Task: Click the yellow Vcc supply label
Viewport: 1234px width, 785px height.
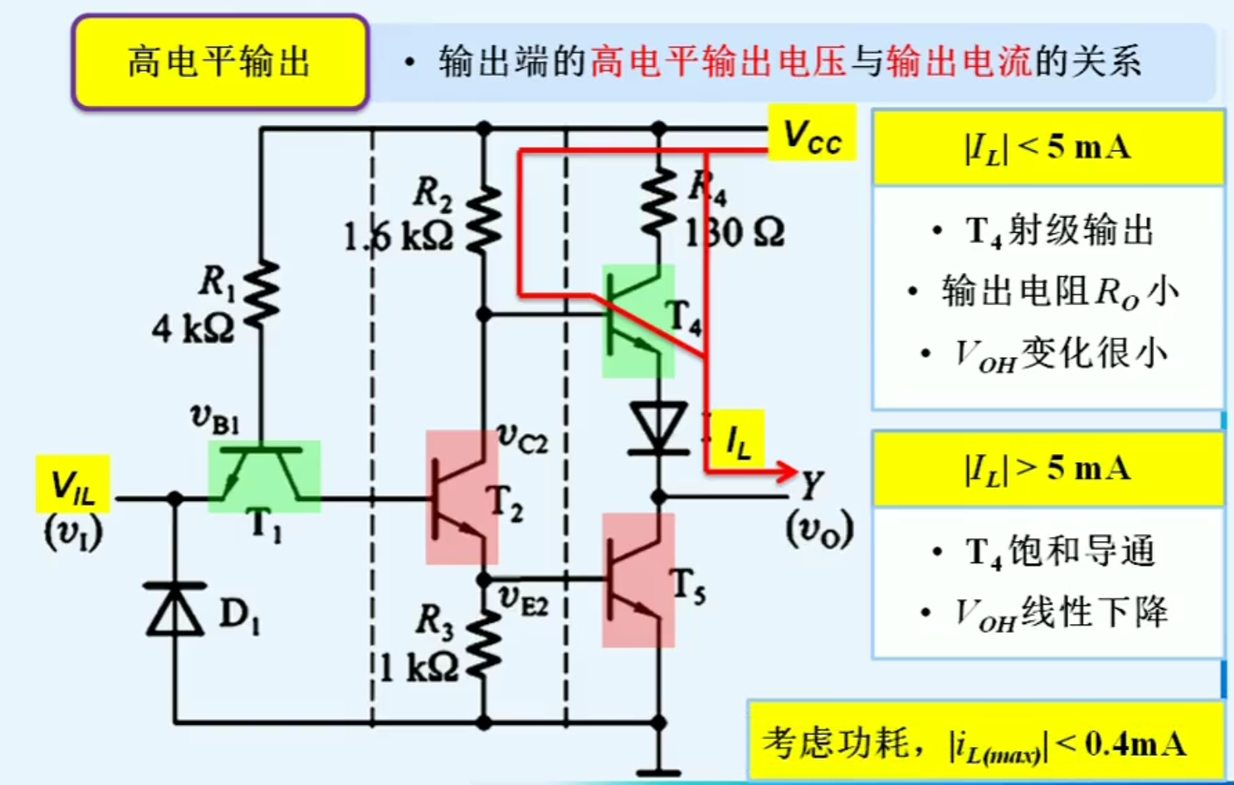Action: point(811,134)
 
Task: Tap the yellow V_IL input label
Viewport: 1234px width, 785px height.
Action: point(72,485)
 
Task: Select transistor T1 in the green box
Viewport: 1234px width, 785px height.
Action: point(264,476)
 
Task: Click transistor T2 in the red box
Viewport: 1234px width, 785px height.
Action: point(461,498)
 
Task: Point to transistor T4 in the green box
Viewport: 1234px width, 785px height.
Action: point(638,321)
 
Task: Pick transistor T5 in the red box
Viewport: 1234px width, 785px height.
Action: point(638,580)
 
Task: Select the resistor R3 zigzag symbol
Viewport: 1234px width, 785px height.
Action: point(484,643)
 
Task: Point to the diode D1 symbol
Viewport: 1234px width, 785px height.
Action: point(175,609)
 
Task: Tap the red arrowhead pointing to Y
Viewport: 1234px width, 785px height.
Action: point(786,471)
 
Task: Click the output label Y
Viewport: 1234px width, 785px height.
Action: point(811,485)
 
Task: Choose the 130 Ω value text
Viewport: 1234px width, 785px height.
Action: point(733,233)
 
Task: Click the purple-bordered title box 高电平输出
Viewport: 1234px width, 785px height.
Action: point(220,62)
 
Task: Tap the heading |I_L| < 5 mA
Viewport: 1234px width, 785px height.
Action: point(1047,147)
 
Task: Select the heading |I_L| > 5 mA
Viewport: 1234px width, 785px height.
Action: point(1047,468)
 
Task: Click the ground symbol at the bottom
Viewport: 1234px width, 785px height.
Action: point(658,771)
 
